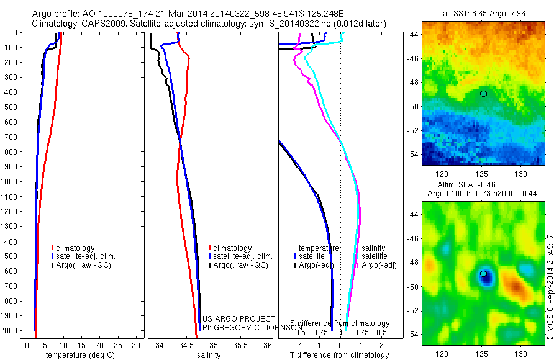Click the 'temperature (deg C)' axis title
(x=78, y=355)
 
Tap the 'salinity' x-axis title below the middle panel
(x=209, y=355)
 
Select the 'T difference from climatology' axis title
(x=339, y=355)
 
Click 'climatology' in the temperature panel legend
(x=75, y=248)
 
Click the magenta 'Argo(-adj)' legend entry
(x=378, y=265)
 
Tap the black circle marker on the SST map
(x=483, y=93)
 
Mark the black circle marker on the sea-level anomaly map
(x=483, y=273)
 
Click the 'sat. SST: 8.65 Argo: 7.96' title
(x=485, y=12)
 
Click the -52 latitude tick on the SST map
(x=411, y=131)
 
